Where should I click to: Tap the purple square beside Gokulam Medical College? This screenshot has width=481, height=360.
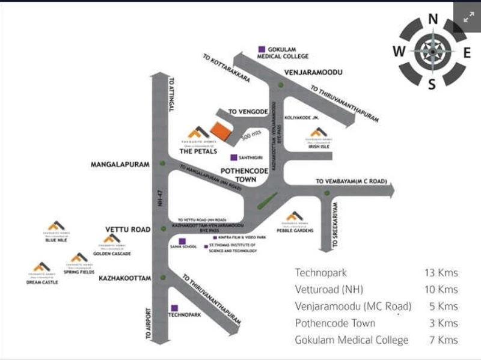pos(261,49)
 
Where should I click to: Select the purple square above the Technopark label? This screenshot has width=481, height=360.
pos(174,307)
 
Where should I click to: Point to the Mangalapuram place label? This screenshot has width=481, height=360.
pos(120,163)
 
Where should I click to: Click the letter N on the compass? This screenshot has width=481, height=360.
pos(432,19)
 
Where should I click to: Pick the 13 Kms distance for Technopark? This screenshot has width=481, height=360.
pos(441,273)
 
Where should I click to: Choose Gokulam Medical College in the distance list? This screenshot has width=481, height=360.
pos(351,340)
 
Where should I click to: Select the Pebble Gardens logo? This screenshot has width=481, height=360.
pos(293,216)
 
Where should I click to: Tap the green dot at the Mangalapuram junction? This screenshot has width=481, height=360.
pos(162,164)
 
